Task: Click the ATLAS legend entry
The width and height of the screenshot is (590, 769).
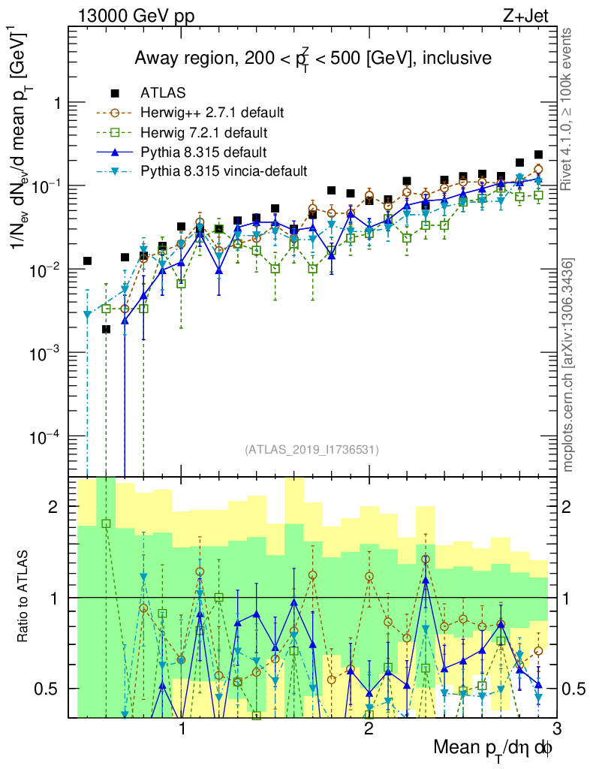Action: click(x=161, y=93)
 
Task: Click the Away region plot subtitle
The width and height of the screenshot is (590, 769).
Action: click(x=312, y=58)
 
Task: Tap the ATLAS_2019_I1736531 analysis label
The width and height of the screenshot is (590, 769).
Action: click(x=312, y=450)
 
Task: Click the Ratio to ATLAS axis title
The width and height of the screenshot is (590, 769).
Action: click(x=24, y=597)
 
